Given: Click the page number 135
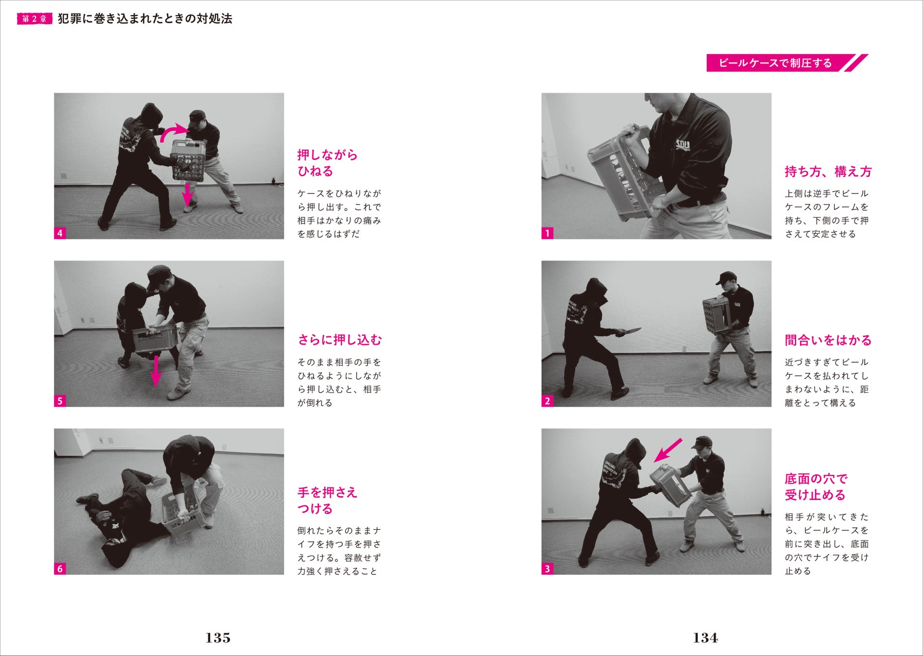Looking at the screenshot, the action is pos(218,638).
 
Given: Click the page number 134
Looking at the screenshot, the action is pos(705,638).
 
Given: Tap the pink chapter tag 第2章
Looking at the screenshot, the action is pos(35,19).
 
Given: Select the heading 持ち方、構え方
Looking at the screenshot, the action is pos(828,172).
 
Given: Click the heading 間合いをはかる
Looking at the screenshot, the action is pos(828,340).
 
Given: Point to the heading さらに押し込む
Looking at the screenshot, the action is pos(340,340).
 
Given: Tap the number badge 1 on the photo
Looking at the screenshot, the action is pos(547,233).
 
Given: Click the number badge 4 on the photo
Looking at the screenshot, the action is pos(60,233).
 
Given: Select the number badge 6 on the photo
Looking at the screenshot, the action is pos(60,569).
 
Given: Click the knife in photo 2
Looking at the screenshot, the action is pos(628,332).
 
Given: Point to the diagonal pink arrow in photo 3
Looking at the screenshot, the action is pos(668,450).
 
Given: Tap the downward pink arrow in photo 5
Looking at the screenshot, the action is pos(156,371).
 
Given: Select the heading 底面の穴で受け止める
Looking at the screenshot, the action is pos(816,487).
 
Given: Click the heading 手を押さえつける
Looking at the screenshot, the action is pos(328,501).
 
